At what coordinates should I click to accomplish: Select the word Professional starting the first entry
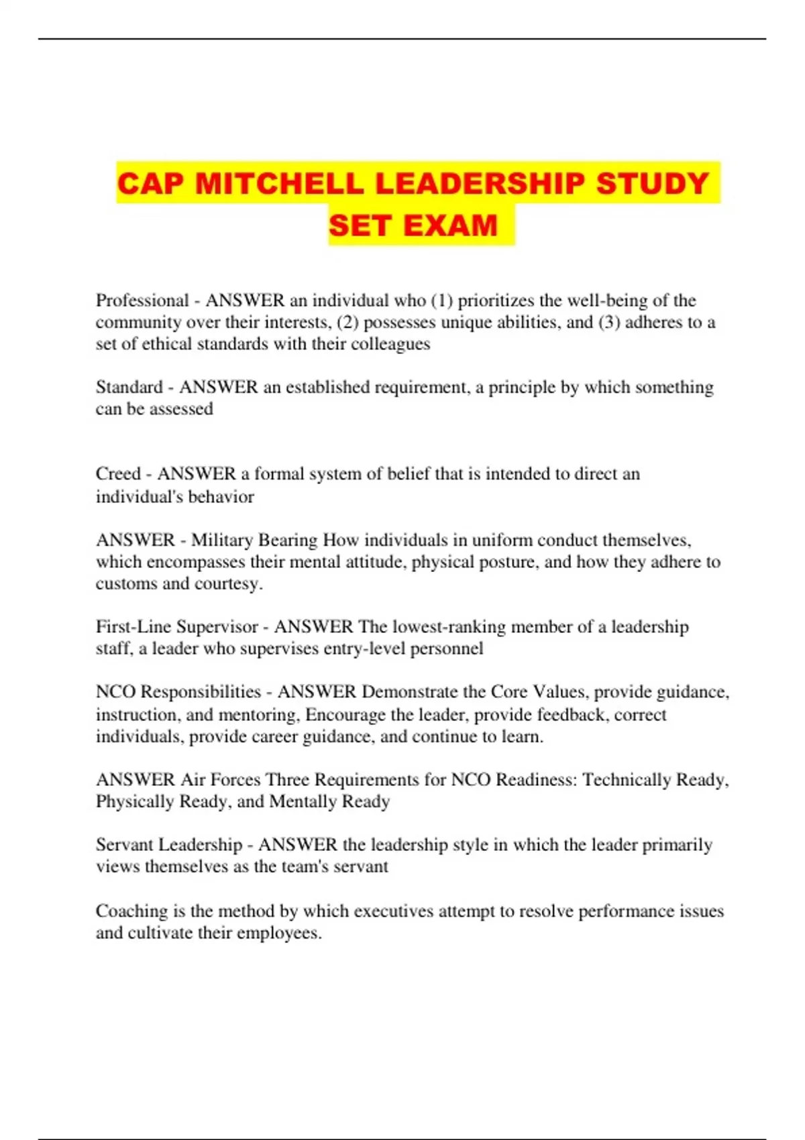142,300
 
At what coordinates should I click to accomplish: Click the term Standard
129,387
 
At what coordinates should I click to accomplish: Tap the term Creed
118,473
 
